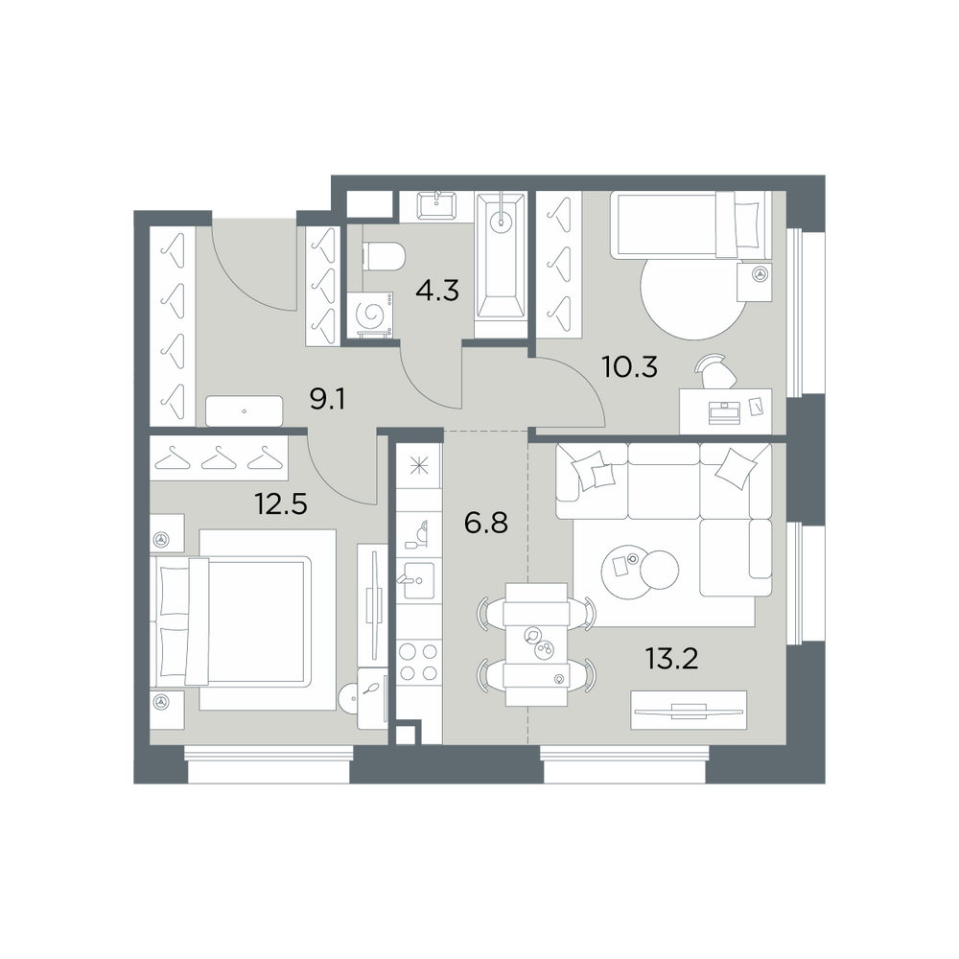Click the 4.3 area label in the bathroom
436,292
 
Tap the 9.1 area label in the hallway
328,400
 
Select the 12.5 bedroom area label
281,505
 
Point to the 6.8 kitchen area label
486,524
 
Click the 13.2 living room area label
671,659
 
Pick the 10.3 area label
629,367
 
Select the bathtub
501,265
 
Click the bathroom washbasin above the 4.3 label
437,206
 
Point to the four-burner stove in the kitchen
418,662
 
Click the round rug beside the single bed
693,298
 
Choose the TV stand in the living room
689,710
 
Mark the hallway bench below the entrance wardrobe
244,411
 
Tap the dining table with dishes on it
537,644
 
